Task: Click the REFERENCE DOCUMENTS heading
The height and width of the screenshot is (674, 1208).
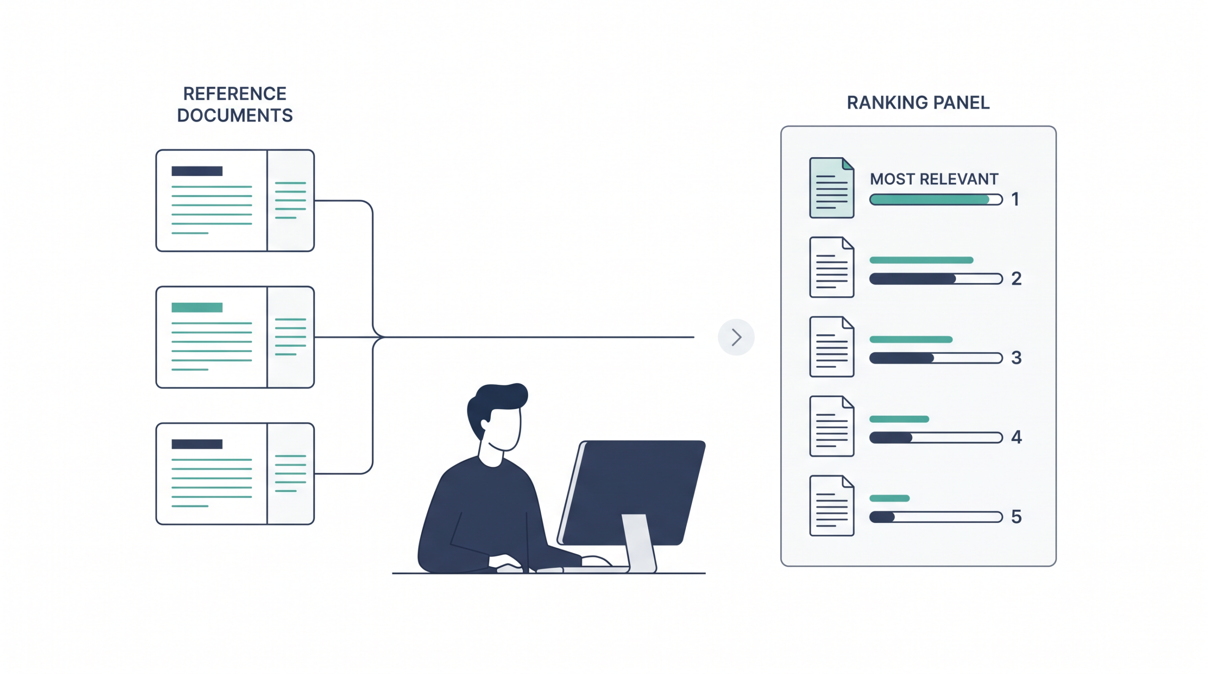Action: click(235, 104)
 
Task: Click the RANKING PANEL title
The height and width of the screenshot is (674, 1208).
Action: click(918, 102)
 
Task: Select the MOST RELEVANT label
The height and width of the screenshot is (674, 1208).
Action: click(934, 179)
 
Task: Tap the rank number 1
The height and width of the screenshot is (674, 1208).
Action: click(1015, 199)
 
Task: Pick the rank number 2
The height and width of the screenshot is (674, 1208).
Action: click(1016, 278)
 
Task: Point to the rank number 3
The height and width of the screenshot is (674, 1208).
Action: click(1016, 358)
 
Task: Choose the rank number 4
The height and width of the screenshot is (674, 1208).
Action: click(1016, 437)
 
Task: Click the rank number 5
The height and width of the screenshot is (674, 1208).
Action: click(1016, 516)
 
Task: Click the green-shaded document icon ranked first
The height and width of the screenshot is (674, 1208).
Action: click(831, 188)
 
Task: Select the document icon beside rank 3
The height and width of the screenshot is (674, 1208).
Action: click(831, 347)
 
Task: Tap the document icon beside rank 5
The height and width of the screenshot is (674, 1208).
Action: click(831, 506)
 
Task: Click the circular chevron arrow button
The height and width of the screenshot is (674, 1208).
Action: click(736, 337)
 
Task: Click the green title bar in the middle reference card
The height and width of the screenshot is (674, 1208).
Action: click(197, 308)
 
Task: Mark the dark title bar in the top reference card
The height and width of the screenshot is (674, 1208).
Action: click(197, 171)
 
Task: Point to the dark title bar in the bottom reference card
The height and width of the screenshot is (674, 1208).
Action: click(197, 444)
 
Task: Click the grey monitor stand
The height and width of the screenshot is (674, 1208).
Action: click(639, 542)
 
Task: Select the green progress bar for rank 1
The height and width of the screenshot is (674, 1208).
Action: click(929, 200)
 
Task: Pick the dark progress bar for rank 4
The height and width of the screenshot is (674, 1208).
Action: click(891, 438)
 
